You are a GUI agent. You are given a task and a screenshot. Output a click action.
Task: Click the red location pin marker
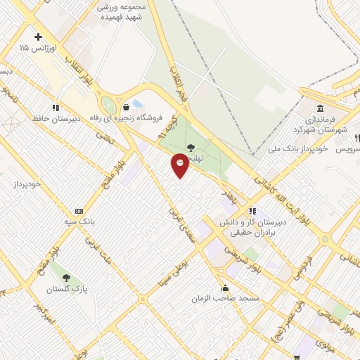point(181,165)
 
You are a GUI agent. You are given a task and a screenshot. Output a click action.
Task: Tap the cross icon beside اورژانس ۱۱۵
point(38,37)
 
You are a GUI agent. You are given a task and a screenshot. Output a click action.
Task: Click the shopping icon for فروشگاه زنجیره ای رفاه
point(126,108)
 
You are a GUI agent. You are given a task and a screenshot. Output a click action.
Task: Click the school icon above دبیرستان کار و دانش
point(252,210)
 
